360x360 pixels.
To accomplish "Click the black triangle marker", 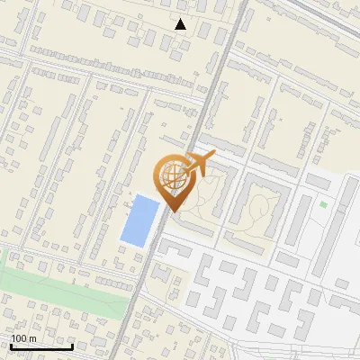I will click(x=181, y=24).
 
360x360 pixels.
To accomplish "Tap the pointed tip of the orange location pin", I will click(x=171, y=211).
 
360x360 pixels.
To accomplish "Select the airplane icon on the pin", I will click(x=196, y=164).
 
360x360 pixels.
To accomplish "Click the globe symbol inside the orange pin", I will click(x=171, y=176).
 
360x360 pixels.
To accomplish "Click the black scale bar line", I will click(x=41, y=346).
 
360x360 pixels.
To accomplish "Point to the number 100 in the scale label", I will click(x=20, y=338).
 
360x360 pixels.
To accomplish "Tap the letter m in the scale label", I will click(x=32, y=338).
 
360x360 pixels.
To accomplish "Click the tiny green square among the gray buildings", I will click(x=323, y=204).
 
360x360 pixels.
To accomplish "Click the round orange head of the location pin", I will click(x=171, y=176).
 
